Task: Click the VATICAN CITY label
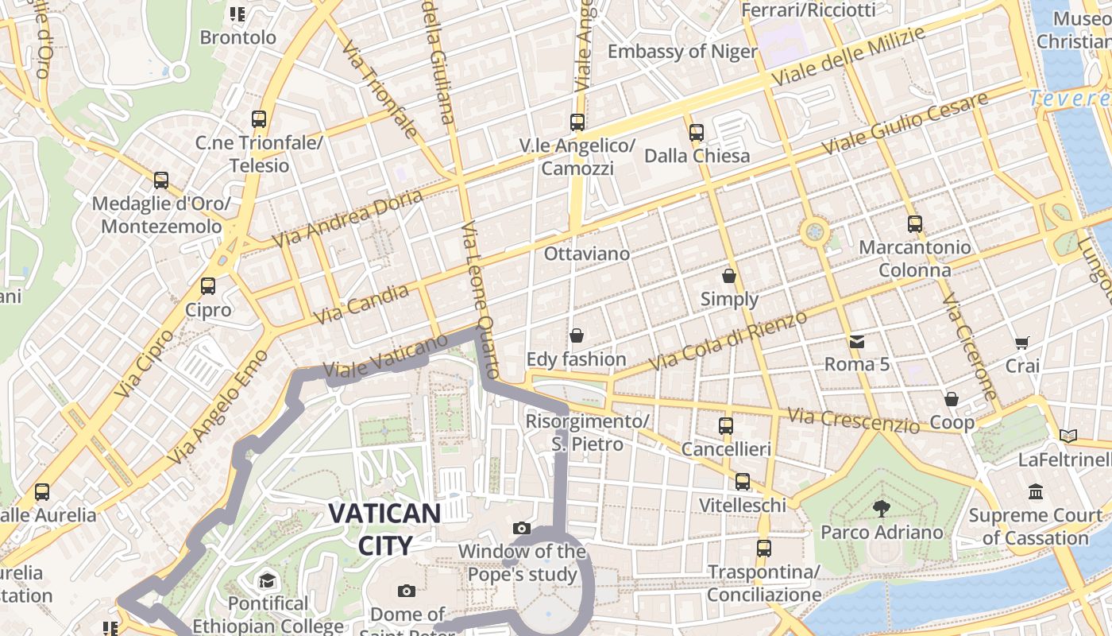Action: click(384, 529)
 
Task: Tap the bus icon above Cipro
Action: click(208, 286)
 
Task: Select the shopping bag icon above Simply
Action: click(729, 276)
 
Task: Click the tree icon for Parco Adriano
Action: click(881, 509)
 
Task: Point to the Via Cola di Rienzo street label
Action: click(728, 341)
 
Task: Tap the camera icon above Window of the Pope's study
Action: click(522, 528)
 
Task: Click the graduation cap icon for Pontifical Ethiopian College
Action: click(267, 580)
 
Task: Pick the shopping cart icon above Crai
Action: click(1022, 343)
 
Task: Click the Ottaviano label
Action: click(587, 254)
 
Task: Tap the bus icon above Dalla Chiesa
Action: click(697, 133)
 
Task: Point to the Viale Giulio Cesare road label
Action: click(905, 124)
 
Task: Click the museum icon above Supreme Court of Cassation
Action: click(1036, 492)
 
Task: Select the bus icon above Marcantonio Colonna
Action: click(915, 224)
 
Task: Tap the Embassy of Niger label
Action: click(682, 52)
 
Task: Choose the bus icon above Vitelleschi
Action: click(742, 482)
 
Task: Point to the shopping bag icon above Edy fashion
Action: click(577, 336)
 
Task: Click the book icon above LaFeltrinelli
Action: click(1068, 436)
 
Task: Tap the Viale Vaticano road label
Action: click(386, 357)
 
